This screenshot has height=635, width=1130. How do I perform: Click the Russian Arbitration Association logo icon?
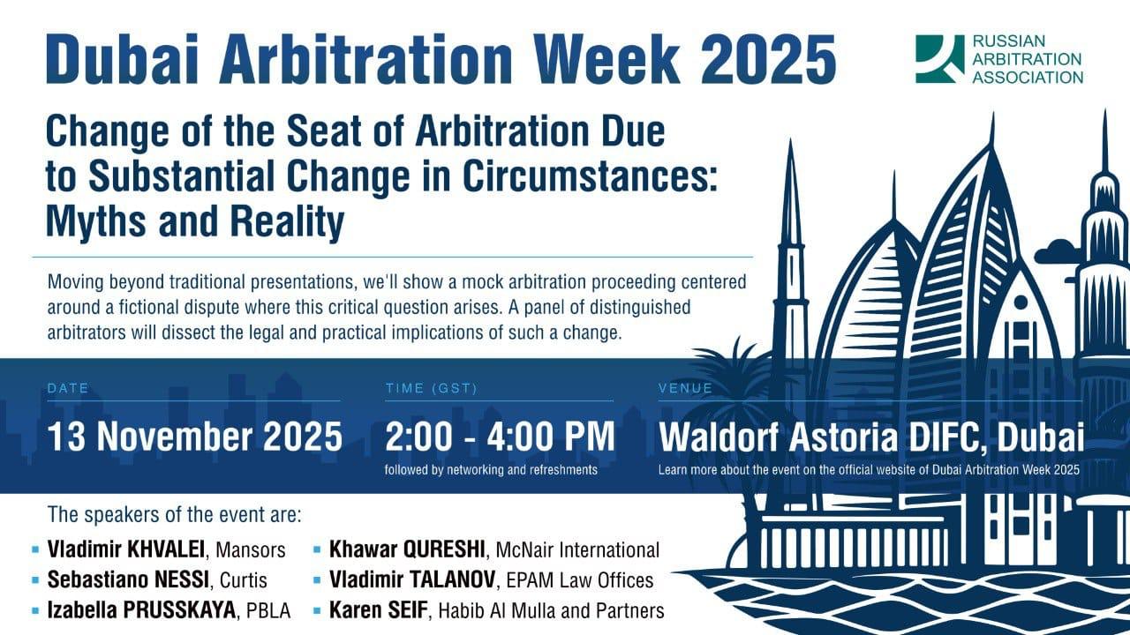(939, 59)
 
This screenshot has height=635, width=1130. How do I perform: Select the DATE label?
(68, 388)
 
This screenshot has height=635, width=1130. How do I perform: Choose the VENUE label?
(685, 388)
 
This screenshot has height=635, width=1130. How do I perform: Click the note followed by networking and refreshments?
(491, 470)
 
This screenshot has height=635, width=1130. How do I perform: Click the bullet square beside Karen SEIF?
(317, 609)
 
